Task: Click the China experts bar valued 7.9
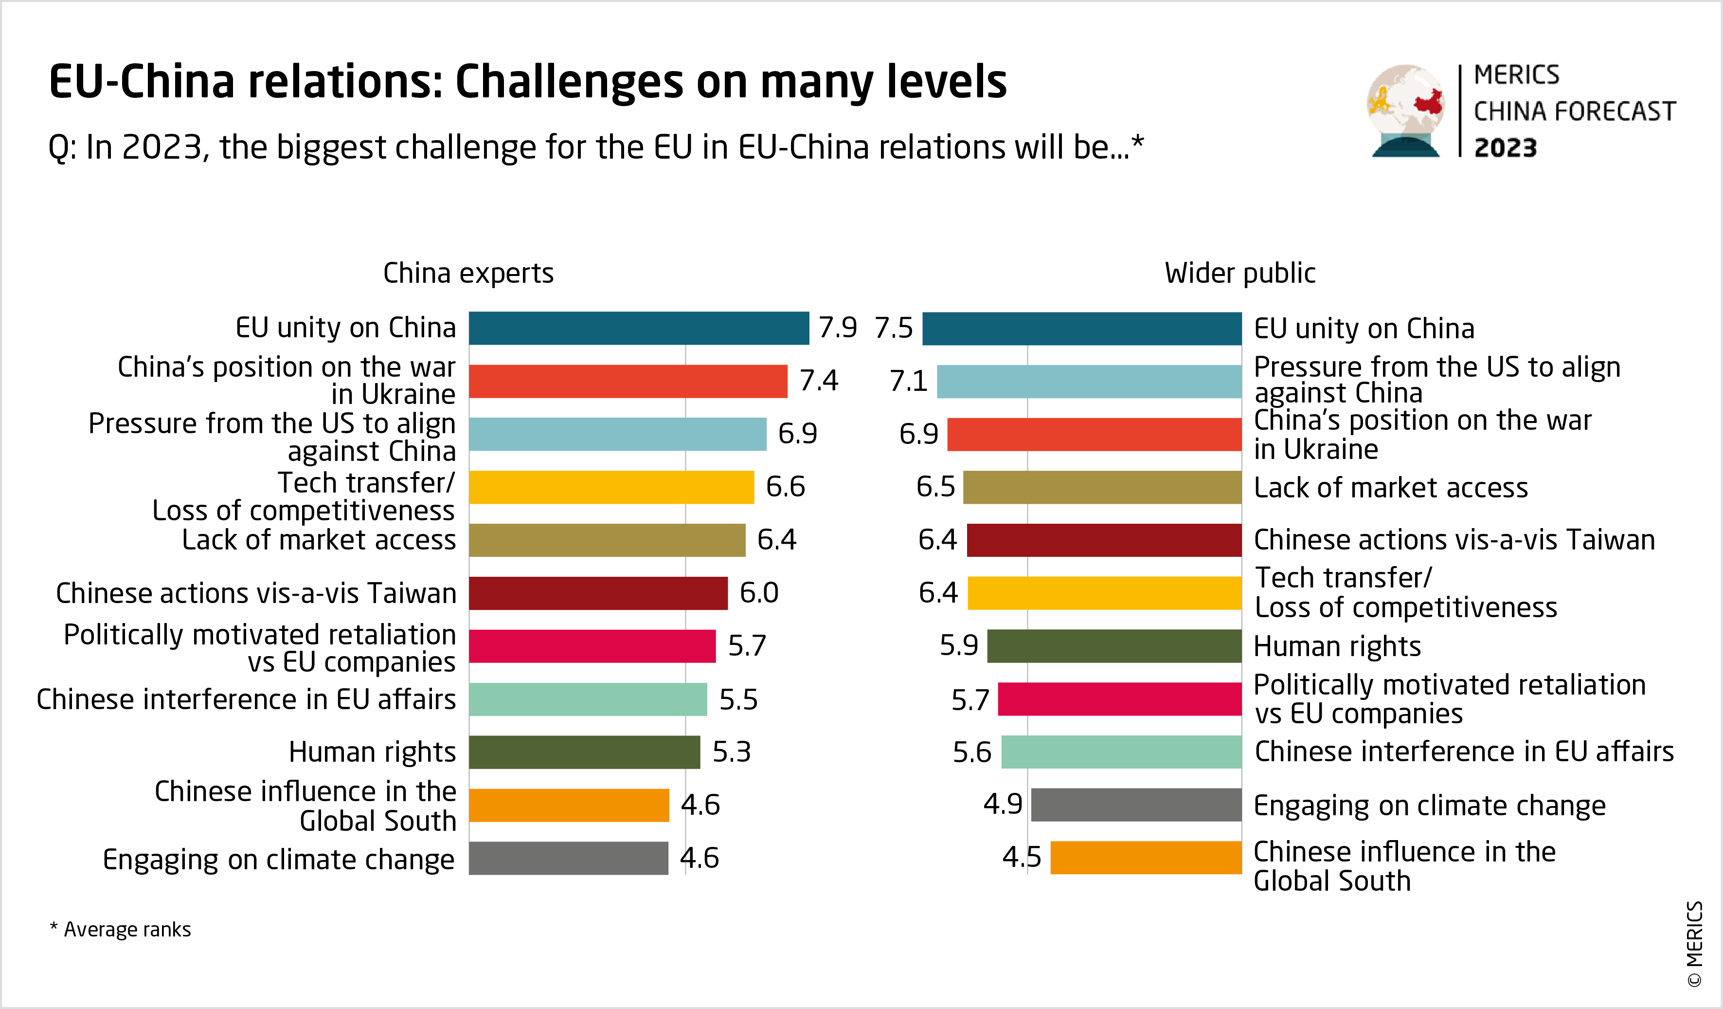(x=639, y=329)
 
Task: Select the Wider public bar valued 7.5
(x=1082, y=329)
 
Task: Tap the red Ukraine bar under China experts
(x=628, y=381)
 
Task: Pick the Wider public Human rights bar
(x=1114, y=646)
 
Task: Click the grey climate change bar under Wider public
(x=1136, y=805)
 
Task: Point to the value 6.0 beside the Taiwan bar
(x=759, y=592)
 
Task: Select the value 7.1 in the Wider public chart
(x=908, y=381)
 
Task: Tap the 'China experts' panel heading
(x=468, y=273)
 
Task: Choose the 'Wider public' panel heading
(x=1239, y=273)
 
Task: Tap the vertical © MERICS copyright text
(x=1694, y=943)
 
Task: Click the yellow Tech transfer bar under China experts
(x=611, y=487)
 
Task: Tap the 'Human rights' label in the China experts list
(x=372, y=752)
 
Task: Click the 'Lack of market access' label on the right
(x=1391, y=488)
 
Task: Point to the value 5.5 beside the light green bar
(x=738, y=699)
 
